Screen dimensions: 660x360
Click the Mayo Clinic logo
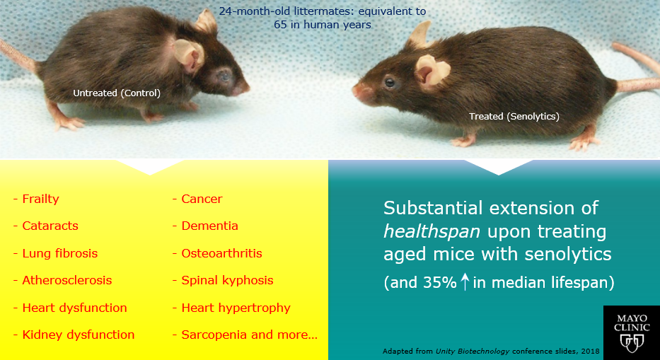point(632,332)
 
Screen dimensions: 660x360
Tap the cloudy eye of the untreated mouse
point(224,76)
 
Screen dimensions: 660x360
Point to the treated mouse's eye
point(390,82)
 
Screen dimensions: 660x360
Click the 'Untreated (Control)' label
point(117,93)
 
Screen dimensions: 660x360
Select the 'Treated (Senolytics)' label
point(514,116)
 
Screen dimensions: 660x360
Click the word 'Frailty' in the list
point(40,199)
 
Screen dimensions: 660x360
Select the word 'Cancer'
point(202,199)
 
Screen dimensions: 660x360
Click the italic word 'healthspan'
point(432,231)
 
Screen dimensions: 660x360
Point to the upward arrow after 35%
point(464,282)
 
